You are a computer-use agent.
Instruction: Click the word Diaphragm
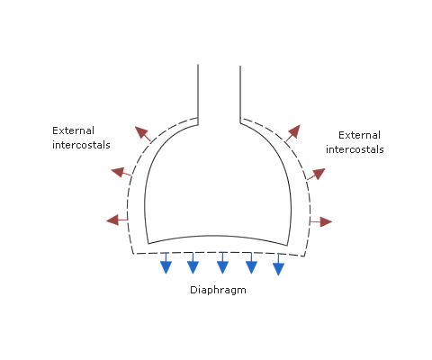[218, 290]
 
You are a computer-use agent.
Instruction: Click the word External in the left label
[73, 130]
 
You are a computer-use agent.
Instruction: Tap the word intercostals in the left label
[81, 145]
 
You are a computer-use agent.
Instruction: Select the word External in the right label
[359, 135]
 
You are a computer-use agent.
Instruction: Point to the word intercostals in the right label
[355, 149]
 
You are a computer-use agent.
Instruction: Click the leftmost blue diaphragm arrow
[166, 263]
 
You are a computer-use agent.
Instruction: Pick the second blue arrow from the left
[193, 263]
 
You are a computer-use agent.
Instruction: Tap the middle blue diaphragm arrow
[222, 263]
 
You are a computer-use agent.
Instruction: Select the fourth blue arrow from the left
[251, 263]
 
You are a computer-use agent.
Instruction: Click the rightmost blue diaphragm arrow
[278, 265]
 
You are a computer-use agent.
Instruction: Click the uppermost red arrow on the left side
[143, 134]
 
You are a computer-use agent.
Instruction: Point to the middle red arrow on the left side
[121, 172]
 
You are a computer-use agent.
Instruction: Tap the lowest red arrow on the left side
[117, 220]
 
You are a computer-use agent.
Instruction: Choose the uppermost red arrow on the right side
[293, 133]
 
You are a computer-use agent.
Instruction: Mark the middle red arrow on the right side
[316, 174]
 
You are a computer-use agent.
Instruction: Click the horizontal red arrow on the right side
[321, 221]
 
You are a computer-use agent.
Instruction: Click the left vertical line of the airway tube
[198, 94]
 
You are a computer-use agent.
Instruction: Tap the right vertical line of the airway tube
[240, 94]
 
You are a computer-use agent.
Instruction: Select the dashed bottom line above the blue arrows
[219, 253]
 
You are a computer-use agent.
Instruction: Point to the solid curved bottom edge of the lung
[218, 236]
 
